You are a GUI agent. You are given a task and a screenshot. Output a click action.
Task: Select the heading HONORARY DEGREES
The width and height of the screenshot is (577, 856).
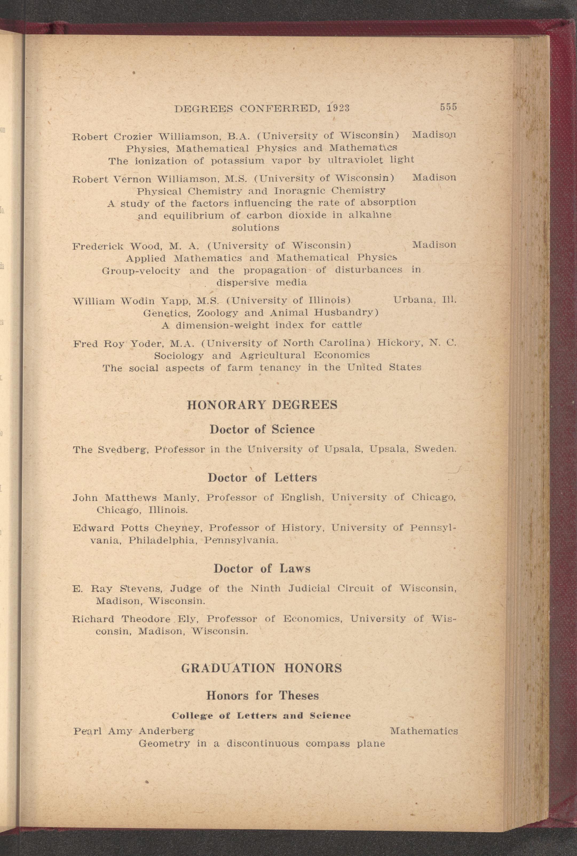pos(262,405)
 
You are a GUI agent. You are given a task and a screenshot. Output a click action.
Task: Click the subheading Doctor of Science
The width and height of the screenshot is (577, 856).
pos(262,429)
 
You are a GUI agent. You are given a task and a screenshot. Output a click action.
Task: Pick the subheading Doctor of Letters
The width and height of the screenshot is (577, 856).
pos(262,478)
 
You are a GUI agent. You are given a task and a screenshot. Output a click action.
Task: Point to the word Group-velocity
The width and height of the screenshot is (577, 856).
pos(141,270)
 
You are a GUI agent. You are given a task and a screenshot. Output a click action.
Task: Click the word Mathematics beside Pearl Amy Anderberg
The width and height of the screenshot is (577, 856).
pos(424,731)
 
